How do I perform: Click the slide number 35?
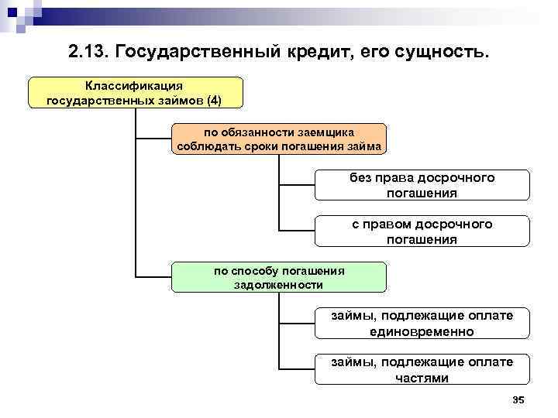[x=518, y=399]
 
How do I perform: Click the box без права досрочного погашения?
[x=422, y=186]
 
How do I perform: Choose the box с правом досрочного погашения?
[x=422, y=231]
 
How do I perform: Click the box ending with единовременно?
[x=422, y=324]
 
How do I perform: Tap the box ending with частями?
[x=422, y=370]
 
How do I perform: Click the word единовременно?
[x=422, y=331]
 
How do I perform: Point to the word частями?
[x=422, y=378]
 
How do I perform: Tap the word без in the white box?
[x=360, y=178]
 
